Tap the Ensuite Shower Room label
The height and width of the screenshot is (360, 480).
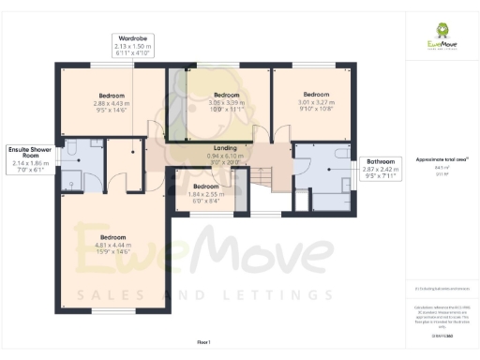28,158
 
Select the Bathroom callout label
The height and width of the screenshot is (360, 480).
380,167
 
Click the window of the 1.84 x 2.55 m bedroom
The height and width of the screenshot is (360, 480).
205,215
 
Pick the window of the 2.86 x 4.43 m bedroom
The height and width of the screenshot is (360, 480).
104,65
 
